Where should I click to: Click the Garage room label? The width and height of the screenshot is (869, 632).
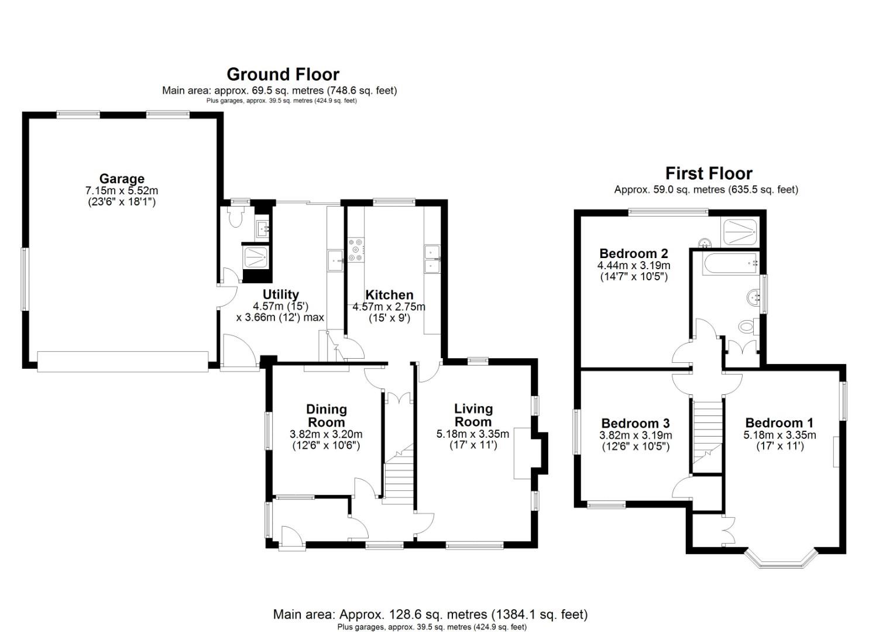pos(121,179)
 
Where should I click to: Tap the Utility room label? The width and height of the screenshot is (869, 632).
pos(280,294)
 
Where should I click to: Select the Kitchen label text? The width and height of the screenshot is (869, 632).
pos(389,295)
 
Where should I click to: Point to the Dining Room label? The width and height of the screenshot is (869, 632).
pos(327,415)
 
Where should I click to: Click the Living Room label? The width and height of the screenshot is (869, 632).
pos(473,415)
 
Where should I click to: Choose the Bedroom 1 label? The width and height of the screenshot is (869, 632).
pos(779,423)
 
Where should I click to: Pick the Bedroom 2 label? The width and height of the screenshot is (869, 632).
pos(633,253)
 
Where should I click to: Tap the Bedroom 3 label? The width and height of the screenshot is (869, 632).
pos(635,423)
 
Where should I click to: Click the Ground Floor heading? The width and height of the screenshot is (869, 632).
pos(283,74)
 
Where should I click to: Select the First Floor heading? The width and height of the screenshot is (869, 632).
pos(708,173)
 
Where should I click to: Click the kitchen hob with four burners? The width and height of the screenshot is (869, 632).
pos(356,249)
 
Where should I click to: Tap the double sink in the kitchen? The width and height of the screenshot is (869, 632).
pos(432,259)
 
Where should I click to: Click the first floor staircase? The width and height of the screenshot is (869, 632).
pos(707,430)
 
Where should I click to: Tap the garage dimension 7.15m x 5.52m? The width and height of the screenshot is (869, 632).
pos(121,191)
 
